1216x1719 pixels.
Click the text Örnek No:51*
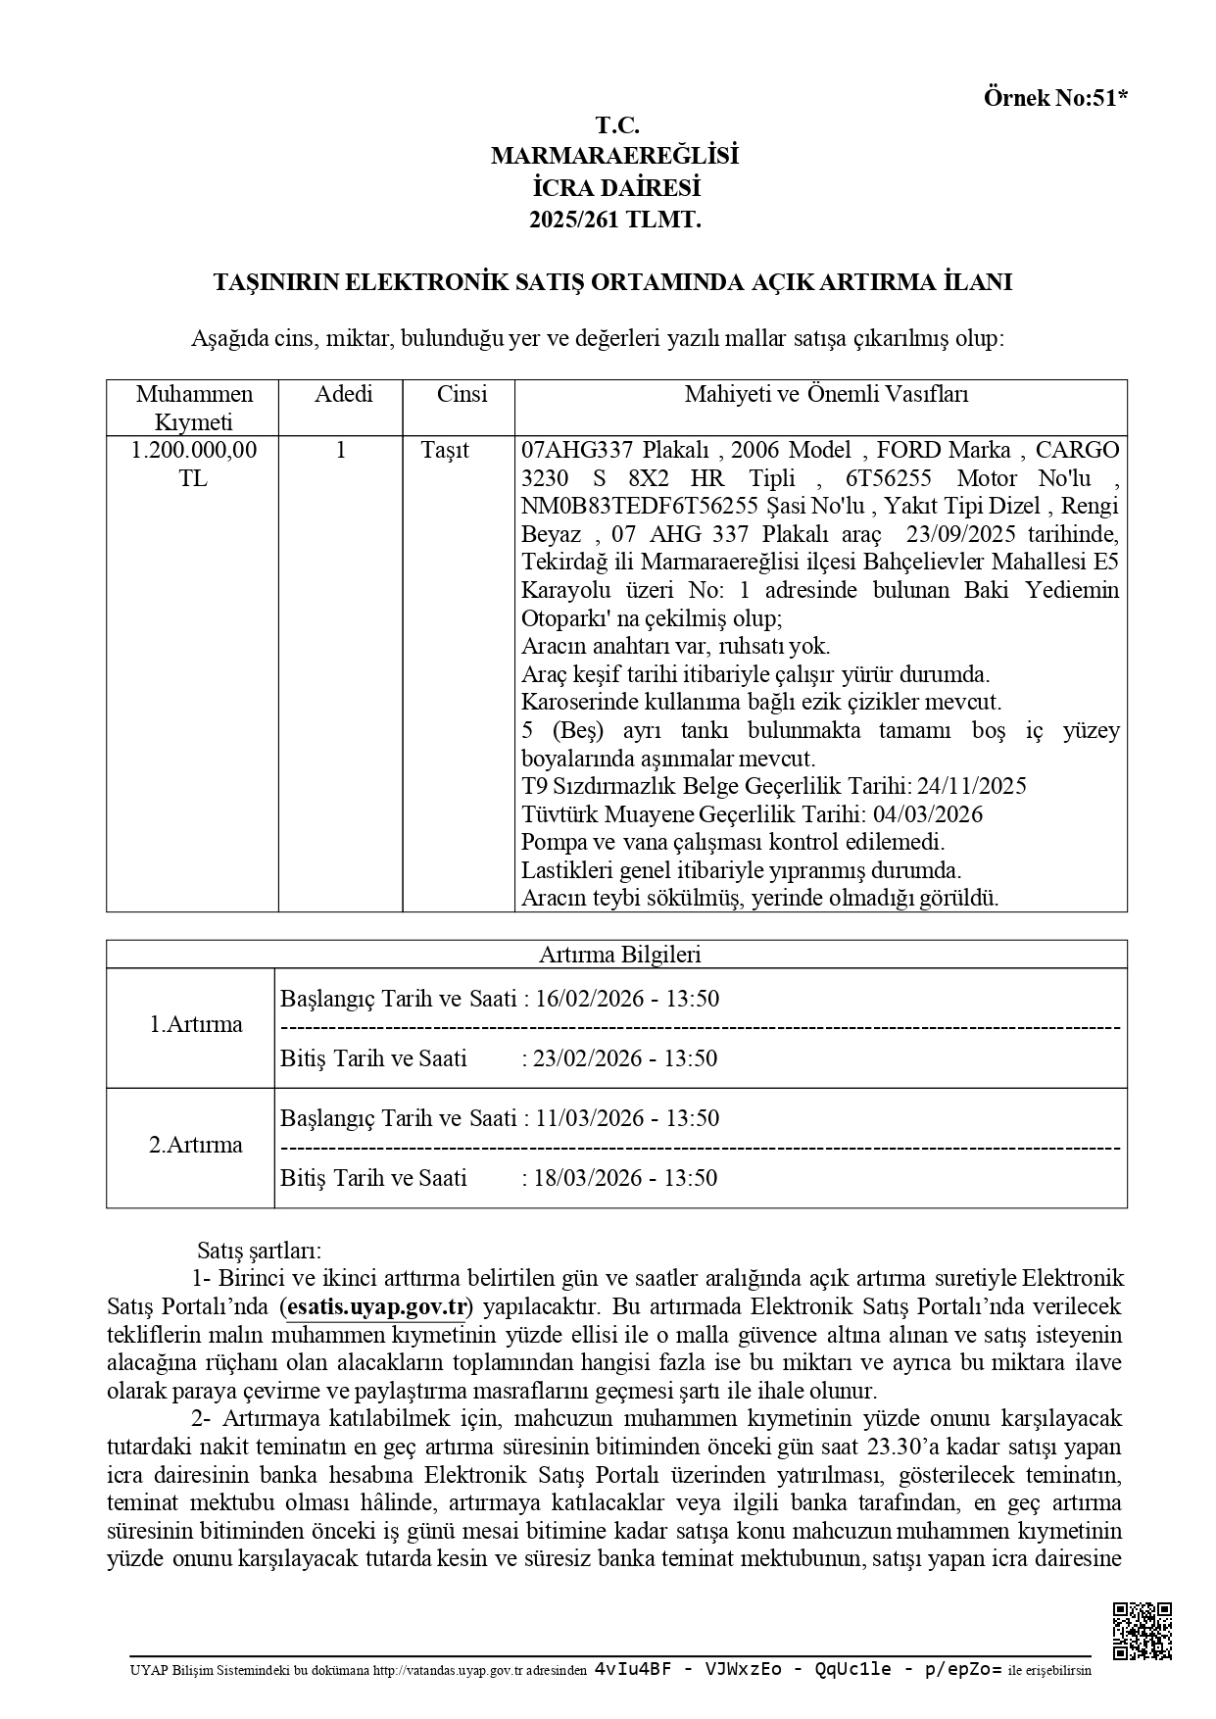[x=1055, y=98]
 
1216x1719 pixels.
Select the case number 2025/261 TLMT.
[x=615, y=221]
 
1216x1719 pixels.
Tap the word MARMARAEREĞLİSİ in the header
[x=615, y=156]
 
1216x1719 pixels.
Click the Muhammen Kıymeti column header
[x=194, y=408]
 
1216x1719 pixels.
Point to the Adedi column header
[x=343, y=395]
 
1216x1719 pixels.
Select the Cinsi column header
[x=462, y=395]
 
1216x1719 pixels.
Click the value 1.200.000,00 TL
[x=194, y=465]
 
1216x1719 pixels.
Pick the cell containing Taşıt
[x=445, y=451]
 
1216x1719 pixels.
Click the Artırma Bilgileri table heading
[x=619, y=955]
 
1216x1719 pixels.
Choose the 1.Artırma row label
[x=195, y=1024]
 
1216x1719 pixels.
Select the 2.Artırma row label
[x=195, y=1145]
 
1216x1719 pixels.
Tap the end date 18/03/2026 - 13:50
[x=625, y=1178]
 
